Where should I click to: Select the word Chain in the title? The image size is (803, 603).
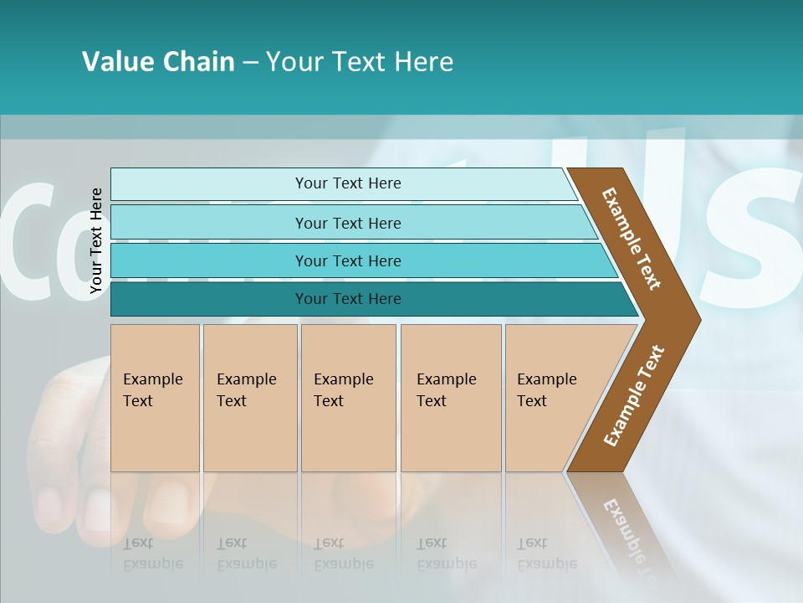pos(198,62)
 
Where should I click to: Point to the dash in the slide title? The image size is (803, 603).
pos(250,63)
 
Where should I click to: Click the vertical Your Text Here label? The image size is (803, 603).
pos(96,240)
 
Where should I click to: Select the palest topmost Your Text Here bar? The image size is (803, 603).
pos(347,183)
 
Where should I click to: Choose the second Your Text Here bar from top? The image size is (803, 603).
pos(347,223)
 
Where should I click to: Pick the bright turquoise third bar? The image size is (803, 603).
pos(347,260)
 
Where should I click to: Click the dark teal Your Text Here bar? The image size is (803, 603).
pos(347,299)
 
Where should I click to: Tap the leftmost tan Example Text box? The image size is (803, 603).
pos(155,398)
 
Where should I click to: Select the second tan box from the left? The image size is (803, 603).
pos(250,398)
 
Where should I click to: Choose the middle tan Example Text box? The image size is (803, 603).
pos(348,398)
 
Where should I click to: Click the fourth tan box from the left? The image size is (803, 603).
pos(451,398)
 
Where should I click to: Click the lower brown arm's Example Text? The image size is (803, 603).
pos(634,395)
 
